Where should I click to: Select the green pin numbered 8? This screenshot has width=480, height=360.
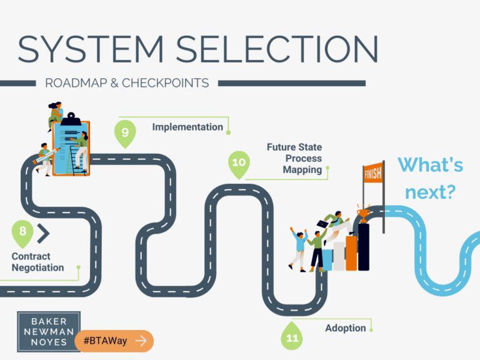22,232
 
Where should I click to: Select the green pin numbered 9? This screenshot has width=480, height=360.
125,133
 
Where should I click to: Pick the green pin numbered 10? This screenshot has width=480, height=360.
239,163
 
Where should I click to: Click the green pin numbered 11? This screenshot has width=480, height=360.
291,337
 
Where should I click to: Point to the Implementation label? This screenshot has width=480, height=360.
187,127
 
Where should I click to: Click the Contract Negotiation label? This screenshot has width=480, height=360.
37,262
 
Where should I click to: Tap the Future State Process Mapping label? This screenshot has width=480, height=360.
294,159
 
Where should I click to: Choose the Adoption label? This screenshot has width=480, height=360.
345,327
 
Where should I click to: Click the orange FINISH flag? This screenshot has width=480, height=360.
372,173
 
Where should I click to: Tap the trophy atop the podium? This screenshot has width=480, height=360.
363,215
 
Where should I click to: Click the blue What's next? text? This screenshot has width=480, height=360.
431,178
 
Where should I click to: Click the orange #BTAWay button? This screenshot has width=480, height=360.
114,341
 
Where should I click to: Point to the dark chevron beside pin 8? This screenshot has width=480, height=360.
42,233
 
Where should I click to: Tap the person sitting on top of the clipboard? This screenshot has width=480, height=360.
55,114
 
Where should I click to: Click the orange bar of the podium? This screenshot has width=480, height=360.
351,253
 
